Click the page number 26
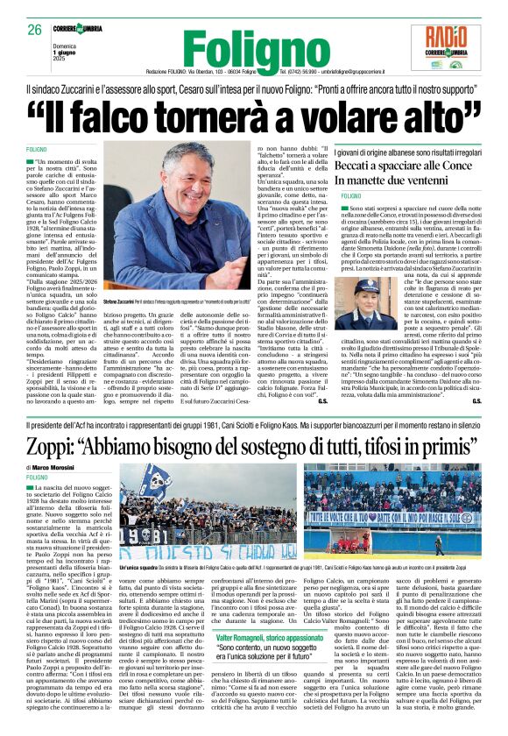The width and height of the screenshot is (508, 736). pyautogui.click(x=34, y=30)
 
